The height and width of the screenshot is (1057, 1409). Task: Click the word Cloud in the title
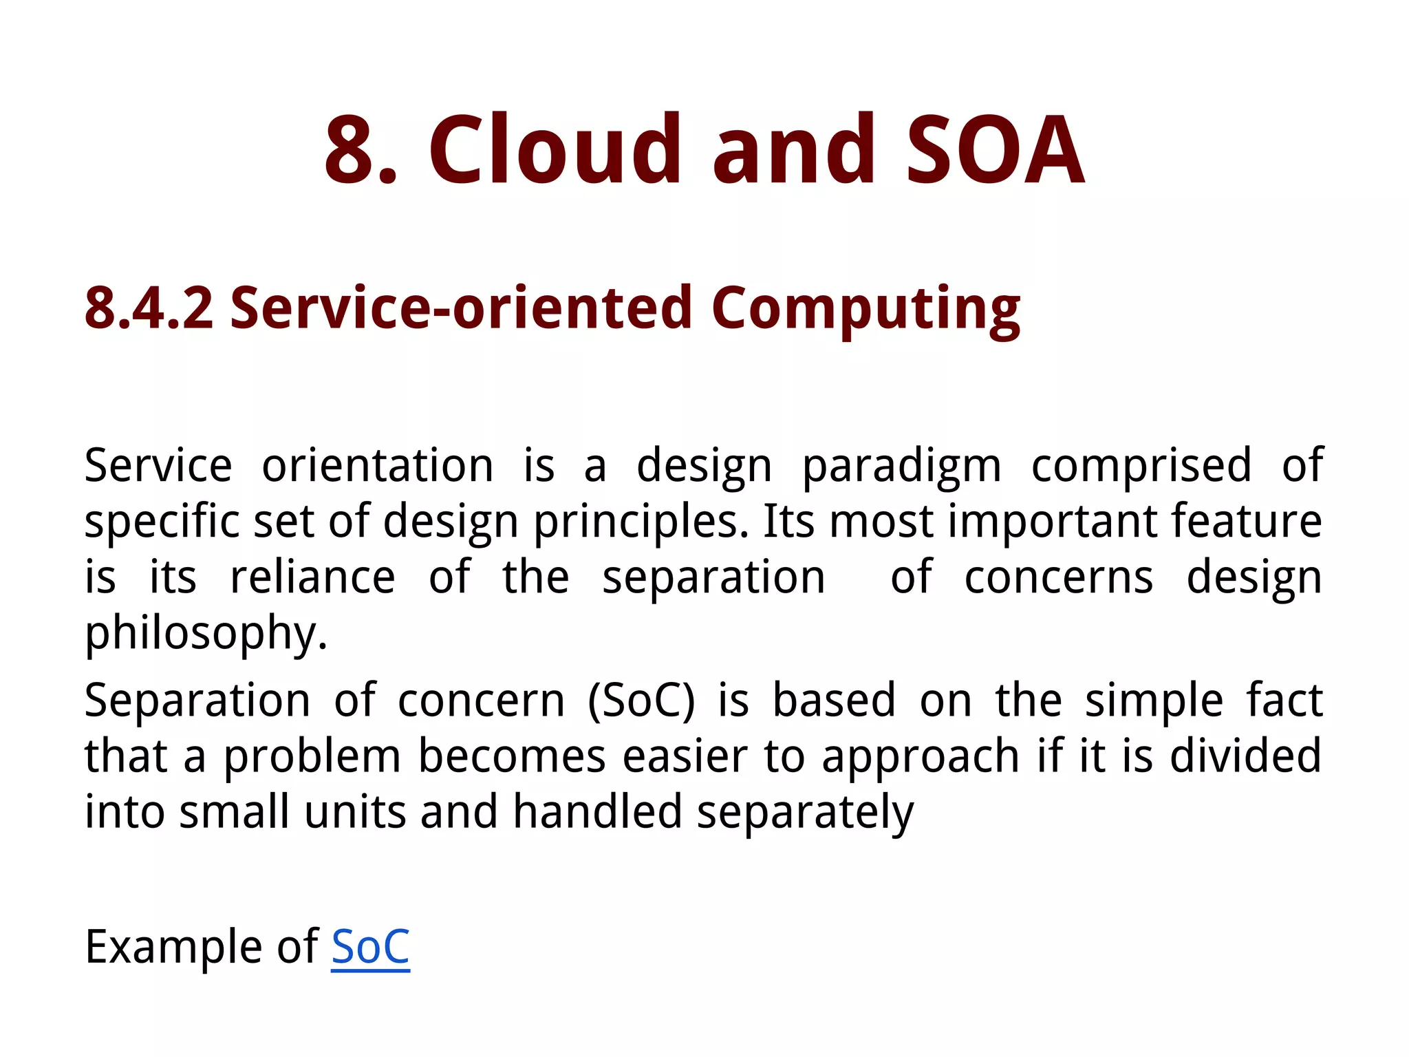pyautogui.click(x=555, y=150)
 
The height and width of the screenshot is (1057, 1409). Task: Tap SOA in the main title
pyautogui.click(x=995, y=150)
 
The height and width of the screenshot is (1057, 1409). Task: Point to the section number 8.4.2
pyautogui.click(x=149, y=308)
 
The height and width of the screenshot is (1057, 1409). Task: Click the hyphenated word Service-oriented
pyautogui.click(x=460, y=308)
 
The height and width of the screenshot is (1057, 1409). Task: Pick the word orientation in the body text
pyautogui.click(x=378, y=466)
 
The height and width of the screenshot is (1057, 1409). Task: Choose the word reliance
pyautogui.click(x=312, y=577)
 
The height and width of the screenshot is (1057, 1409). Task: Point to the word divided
pyautogui.click(x=1245, y=756)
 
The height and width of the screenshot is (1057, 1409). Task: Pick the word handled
pyautogui.click(x=597, y=811)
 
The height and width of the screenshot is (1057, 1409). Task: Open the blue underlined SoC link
pyautogui.click(x=370, y=947)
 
